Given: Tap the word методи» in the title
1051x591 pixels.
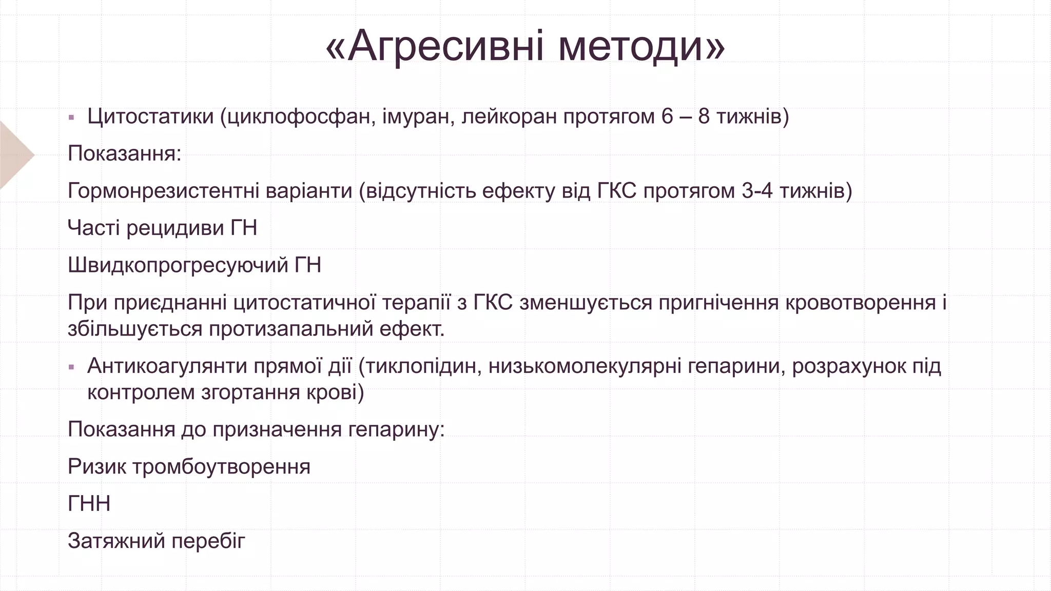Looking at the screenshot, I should click(641, 46).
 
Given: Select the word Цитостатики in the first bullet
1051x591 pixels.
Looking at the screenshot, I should click(150, 116).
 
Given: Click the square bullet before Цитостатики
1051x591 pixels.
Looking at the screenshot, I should click(71, 117).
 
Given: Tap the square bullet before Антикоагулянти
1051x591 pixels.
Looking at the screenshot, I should click(71, 367).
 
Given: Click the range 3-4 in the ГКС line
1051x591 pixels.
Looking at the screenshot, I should click(757, 191).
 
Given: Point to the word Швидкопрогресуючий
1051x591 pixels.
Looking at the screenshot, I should click(178, 265).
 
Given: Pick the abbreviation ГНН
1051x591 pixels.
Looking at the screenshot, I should click(89, 504).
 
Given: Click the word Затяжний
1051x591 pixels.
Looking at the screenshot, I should click(116, 541).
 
